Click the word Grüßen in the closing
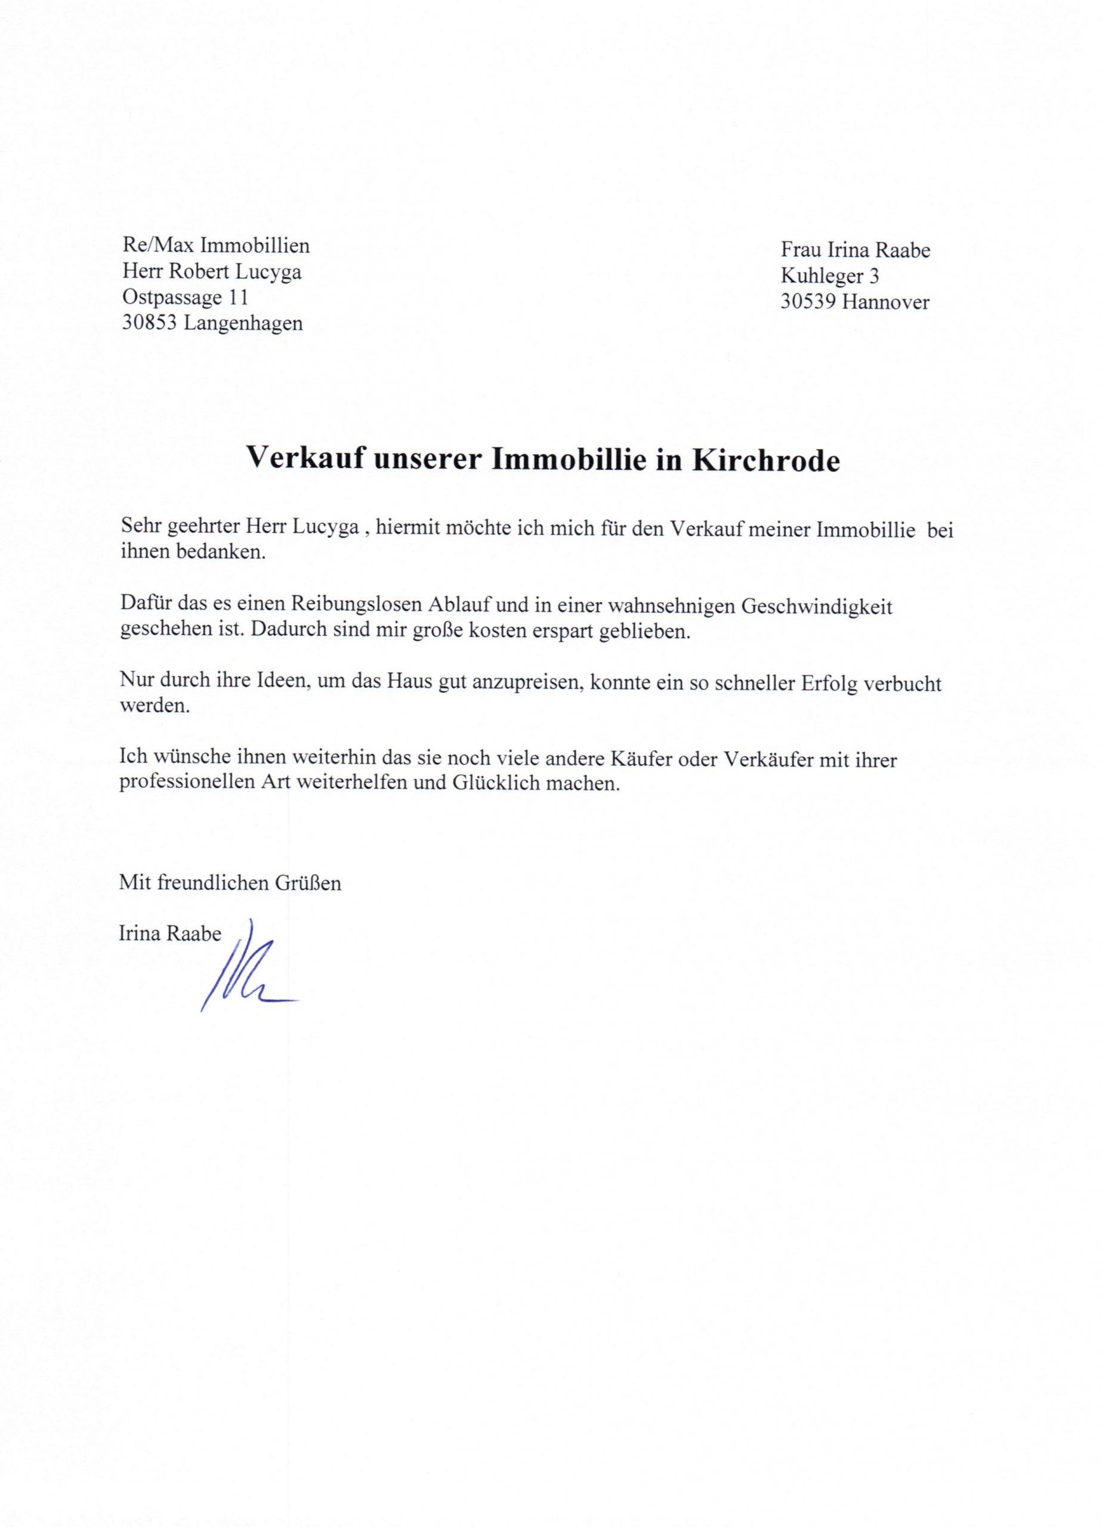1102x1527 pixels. (x=307, y=883)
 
